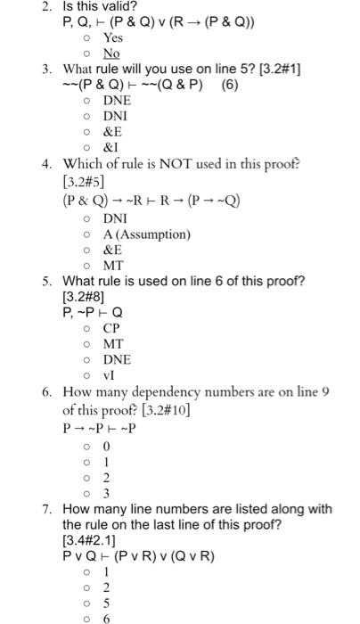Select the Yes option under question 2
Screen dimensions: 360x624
112,38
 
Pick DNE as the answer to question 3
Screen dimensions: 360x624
117,101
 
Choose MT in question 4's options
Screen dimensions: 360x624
113,267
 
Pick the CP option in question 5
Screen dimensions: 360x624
111,328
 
